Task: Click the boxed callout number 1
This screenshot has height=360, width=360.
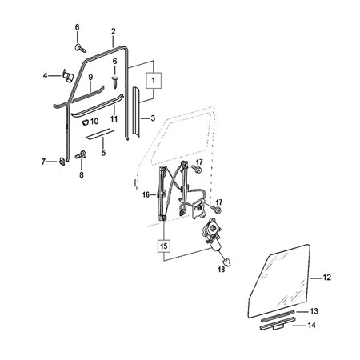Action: [153, 80]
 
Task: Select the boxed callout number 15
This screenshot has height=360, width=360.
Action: [164, 246]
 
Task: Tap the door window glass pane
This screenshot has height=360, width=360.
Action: [278, 282]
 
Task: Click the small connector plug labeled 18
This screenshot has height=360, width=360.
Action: [227, 262]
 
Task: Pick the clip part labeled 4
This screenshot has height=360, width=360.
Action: [68, 76]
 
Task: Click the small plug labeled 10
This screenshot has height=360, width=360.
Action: [85, 122]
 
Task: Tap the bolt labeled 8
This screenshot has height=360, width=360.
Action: [81, 154]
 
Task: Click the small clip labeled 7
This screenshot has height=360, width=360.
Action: [62, 161]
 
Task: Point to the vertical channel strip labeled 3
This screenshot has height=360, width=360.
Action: [136, 112]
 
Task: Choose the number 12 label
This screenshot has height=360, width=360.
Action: [327, 278]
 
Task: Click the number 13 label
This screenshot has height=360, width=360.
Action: [314, 311]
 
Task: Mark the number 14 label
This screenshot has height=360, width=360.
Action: [311, 326]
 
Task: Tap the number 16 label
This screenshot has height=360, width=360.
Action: [146, 195]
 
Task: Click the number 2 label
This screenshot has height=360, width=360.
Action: [114, 31]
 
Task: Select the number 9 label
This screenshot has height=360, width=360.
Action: [90, 78]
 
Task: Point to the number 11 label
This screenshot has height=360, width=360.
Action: [114, 118]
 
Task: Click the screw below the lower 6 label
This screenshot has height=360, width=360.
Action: [115, 82]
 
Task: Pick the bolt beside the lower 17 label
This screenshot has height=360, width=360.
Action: [216, 210]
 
